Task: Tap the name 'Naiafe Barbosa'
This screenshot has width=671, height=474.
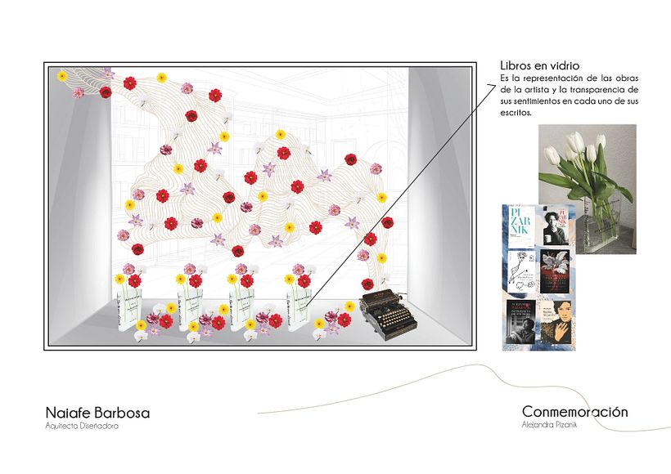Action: (98, 413)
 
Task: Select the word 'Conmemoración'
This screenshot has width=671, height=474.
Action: (574, 412)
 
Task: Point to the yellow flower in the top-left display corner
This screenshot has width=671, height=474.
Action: (62, 75)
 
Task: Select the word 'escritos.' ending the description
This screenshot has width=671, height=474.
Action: (516, 114)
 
